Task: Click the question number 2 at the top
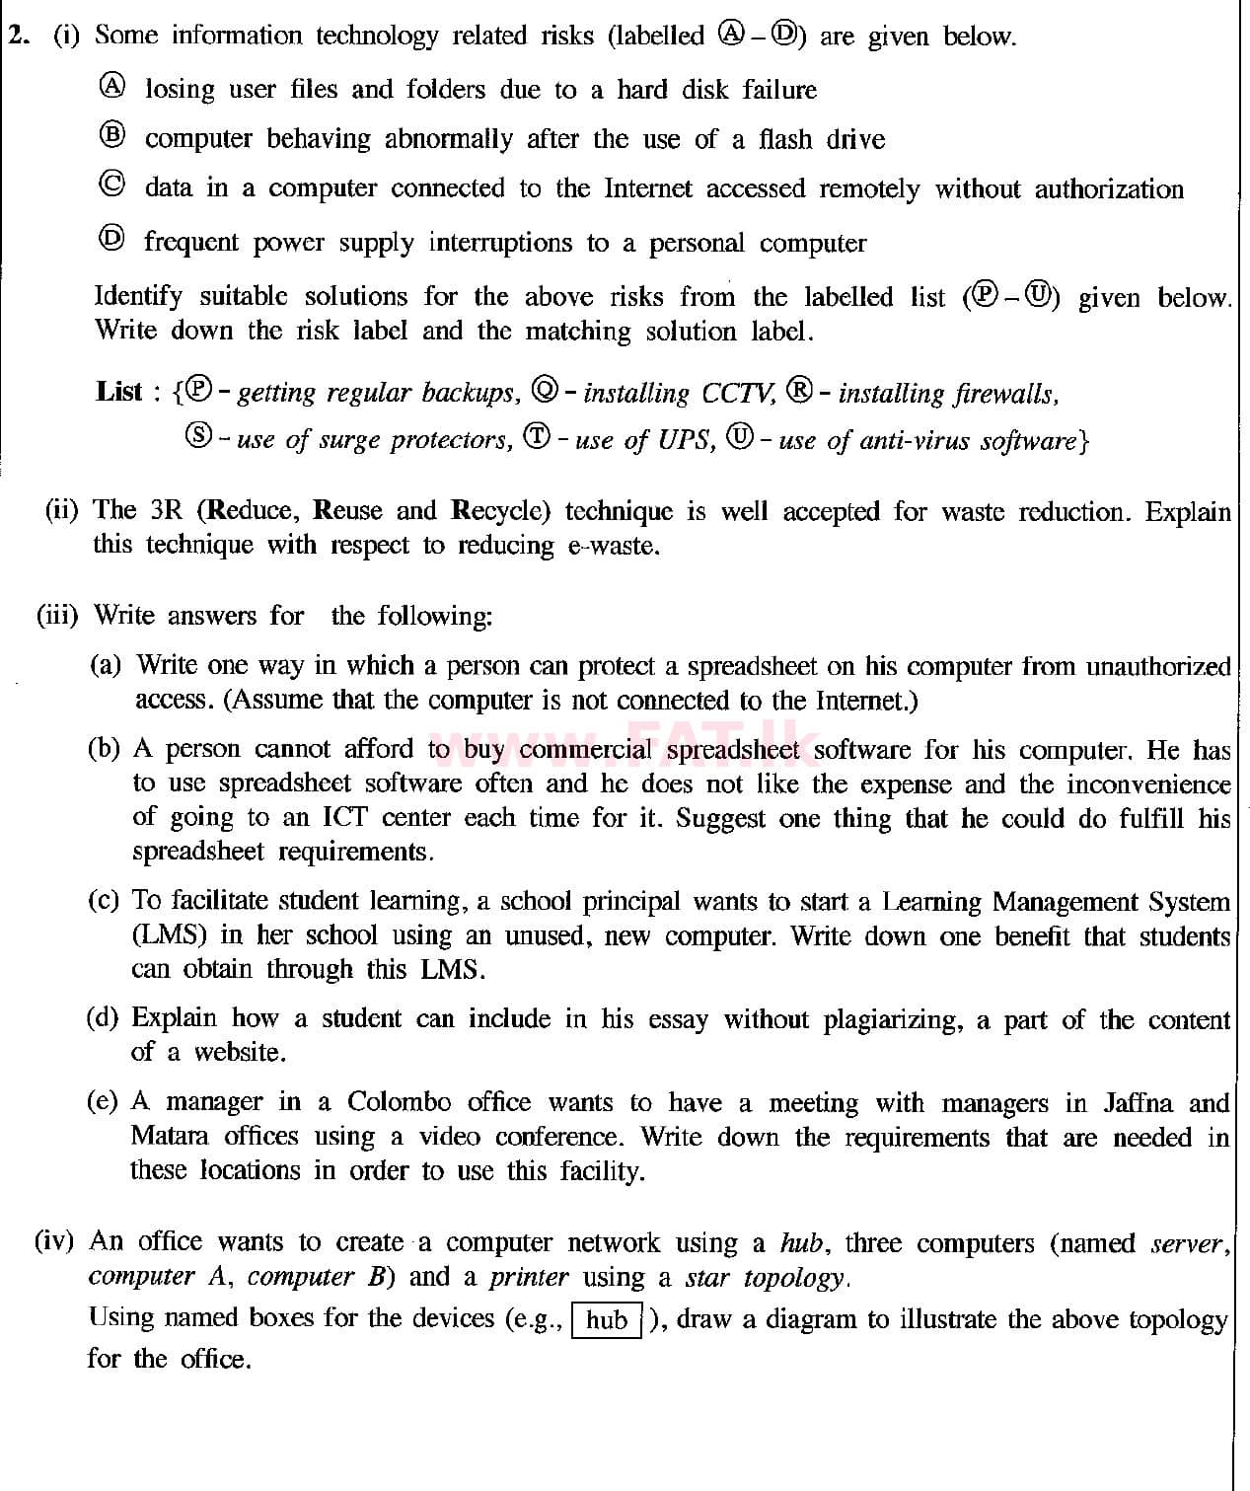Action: (17, 36)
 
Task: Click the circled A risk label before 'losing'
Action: (113, 87)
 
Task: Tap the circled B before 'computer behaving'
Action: (113, 136)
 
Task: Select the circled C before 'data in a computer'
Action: (113, 186)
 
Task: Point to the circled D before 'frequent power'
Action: (113, 239)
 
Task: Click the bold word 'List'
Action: (119, 392)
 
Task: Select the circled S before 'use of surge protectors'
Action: (198, 436)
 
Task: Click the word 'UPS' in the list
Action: (684, 439)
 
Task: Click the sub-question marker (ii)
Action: (62, 511)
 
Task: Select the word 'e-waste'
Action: (613, 546)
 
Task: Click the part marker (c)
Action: (104, 901)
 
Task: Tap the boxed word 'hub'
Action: (607, 1320)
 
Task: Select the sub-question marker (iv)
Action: (54, 1241)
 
